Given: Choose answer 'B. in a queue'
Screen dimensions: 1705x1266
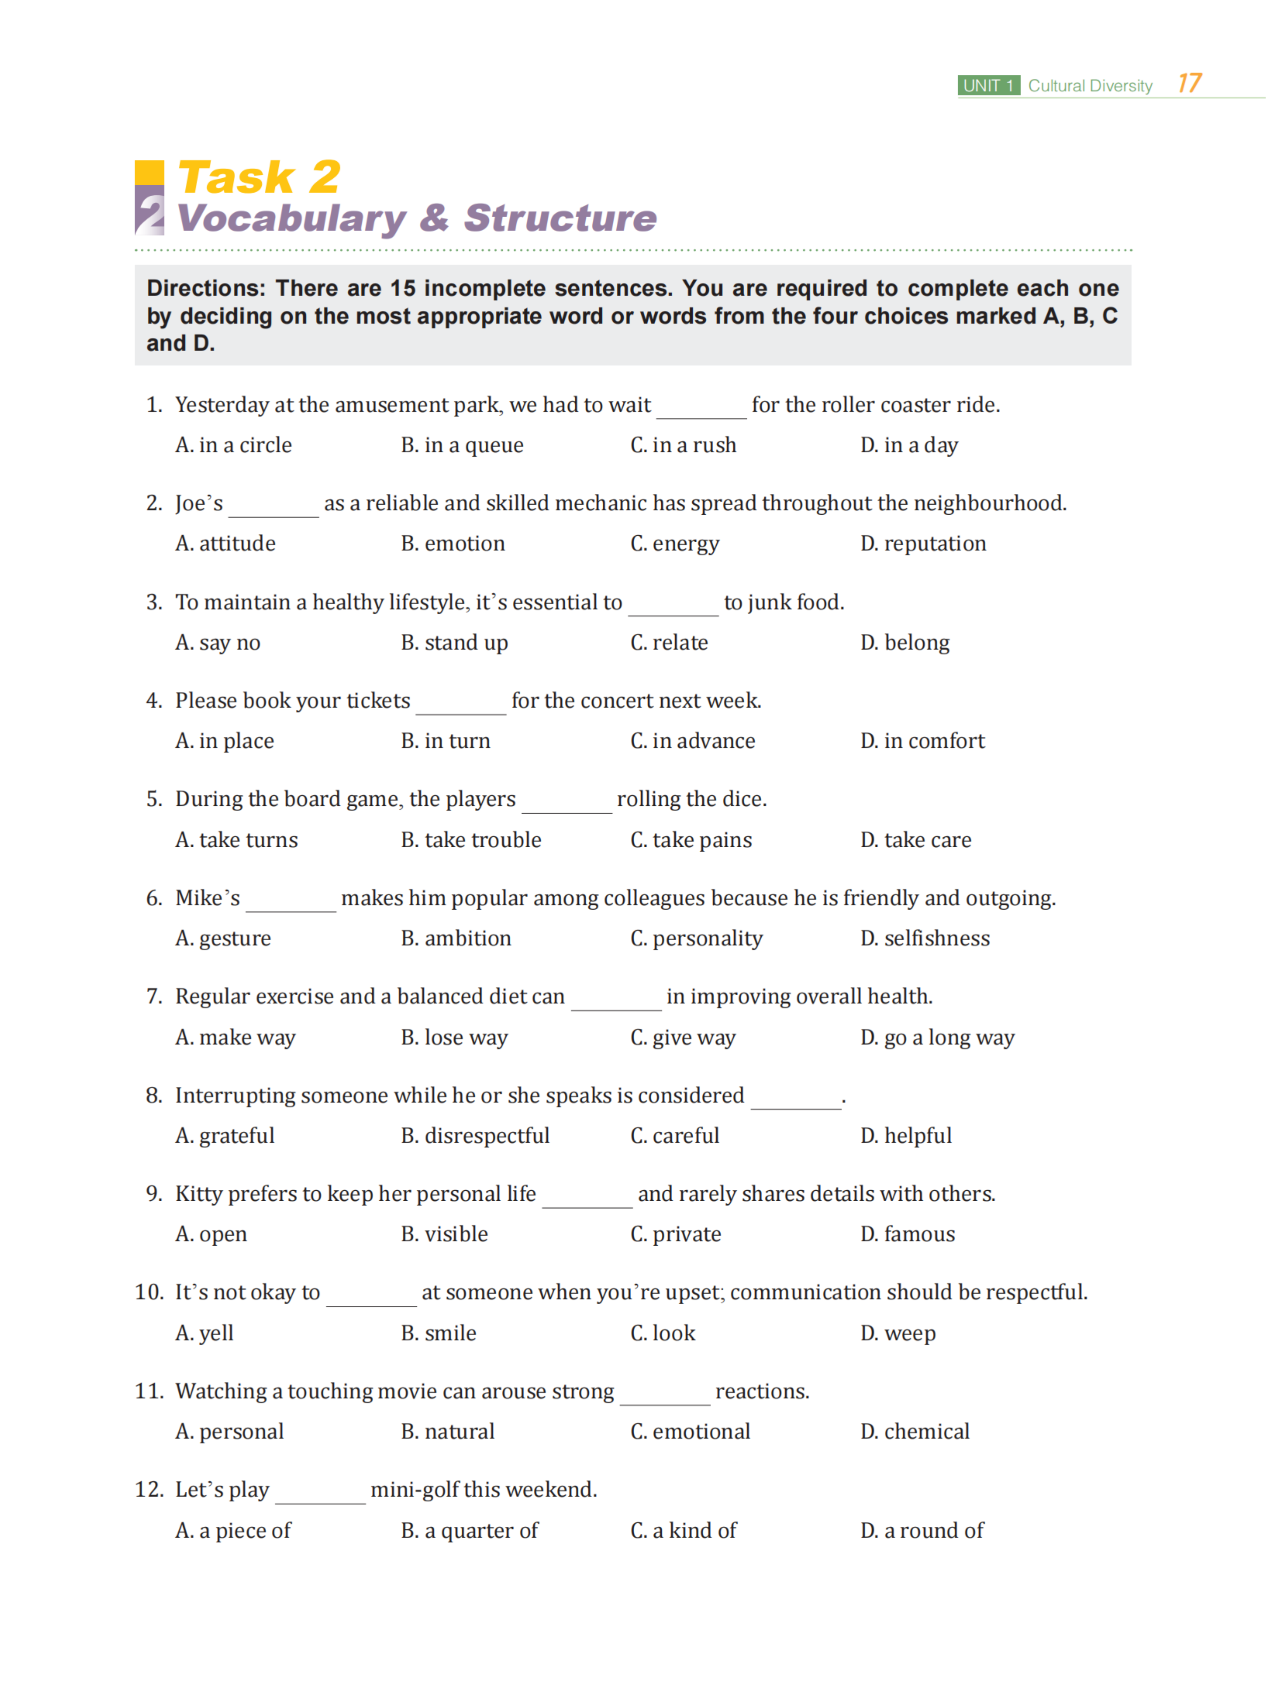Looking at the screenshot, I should click(462, 445).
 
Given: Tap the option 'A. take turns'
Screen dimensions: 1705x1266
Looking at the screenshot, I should click(236, 840).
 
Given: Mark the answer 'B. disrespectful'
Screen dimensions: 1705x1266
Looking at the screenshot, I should click(475, 1136).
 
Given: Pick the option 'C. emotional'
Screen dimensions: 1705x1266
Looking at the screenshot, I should click(690, 1431).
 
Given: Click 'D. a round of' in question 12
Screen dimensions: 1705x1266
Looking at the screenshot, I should click(922, 1530).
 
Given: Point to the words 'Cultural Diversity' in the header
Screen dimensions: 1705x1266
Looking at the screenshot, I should click(1090, 86).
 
